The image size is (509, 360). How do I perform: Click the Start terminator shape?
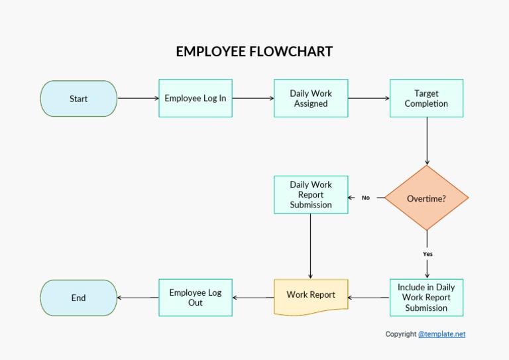pos(78,99)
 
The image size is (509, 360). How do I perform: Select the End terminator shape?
pos(78,298)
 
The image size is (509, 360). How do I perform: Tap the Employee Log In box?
pos(196,98)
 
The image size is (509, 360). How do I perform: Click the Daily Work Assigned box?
pos(311,98)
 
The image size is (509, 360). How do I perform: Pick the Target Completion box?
pos(426,98)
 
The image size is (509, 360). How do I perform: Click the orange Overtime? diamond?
pos(426,198)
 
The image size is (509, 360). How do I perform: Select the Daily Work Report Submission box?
pos(311,195)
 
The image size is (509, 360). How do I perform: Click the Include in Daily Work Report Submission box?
pos(426,298)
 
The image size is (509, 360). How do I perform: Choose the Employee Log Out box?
pos(196,298)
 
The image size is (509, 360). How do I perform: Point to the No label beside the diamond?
pos(365,198)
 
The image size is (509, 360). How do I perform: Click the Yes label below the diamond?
pos(427,254)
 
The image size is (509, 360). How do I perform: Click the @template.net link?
pos(441,334)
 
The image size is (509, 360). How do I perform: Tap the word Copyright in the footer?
pos(401,334)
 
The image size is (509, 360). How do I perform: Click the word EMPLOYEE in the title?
pos(211,52)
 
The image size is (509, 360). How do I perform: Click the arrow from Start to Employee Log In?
pos(138,98)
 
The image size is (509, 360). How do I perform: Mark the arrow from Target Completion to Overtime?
pos(427,141)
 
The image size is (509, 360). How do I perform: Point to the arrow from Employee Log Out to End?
pos(138,298)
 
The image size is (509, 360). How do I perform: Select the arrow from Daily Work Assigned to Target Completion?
pos(368,98)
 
